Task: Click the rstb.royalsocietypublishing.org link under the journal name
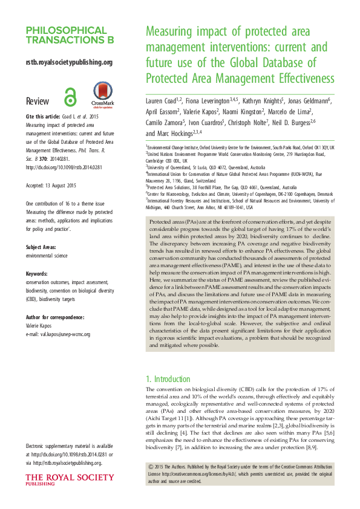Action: pyautogui.click(x=69, y=62)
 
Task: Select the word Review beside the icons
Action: pyautogui.click(x=38, y=100)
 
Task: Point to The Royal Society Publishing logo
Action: pyautogui.click(x=69, y=481)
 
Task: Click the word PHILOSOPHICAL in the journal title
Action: pyautogui.click(x=63, y=30)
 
